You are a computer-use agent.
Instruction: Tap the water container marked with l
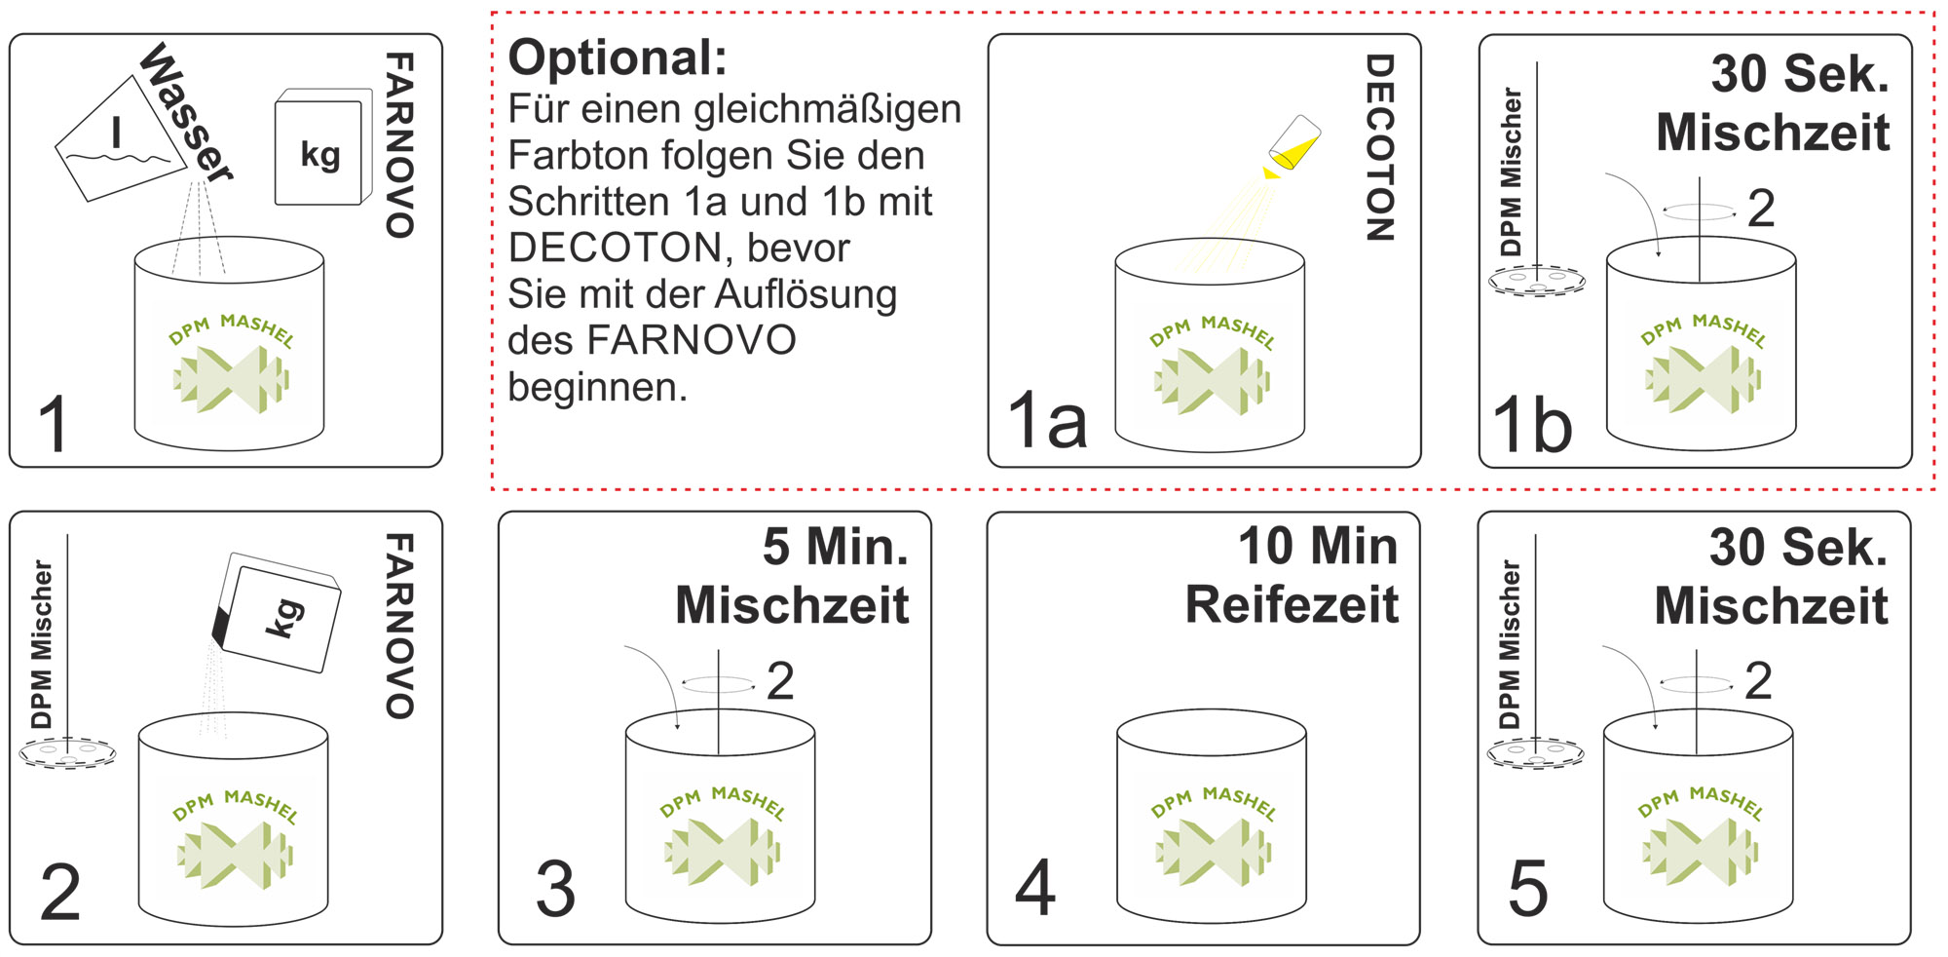(120, 139)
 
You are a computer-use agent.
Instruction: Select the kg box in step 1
(322, 148)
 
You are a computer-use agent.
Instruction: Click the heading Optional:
(618, 57)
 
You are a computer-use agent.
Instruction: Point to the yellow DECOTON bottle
(1292, 144)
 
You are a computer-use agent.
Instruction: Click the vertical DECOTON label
(1379, 147)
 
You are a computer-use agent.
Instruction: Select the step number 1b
(1532, 426)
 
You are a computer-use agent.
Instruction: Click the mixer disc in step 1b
(1537, 282)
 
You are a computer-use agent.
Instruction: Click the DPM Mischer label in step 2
(42, 644)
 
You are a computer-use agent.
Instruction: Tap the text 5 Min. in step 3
(836, 547)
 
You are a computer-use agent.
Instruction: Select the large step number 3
(555, 890)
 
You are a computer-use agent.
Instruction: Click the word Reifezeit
(1292, 605)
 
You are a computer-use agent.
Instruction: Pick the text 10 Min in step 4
(1317, 547)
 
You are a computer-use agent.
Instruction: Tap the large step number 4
(1035, 888)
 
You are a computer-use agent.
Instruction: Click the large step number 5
(1527, 890)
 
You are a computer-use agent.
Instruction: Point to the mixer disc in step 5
(1535, 753)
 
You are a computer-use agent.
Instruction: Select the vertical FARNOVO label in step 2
(399, 626)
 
